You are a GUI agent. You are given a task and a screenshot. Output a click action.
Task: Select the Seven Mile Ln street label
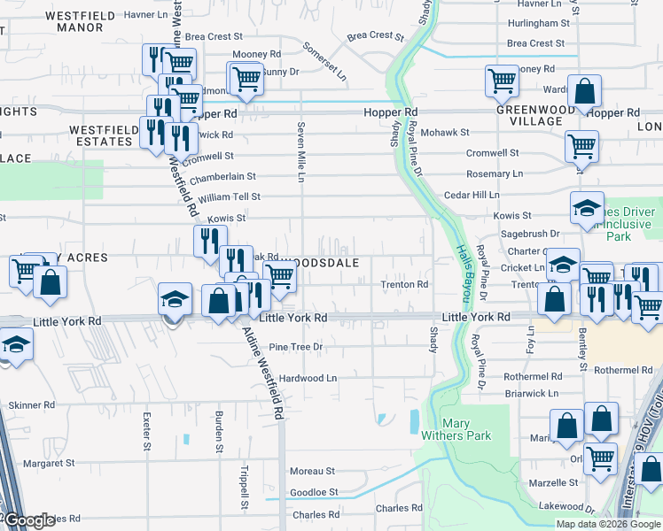pos(301,152)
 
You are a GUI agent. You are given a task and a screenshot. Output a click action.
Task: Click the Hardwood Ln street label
pos(308,378)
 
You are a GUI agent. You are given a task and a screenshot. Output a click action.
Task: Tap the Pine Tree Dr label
pos(295,347)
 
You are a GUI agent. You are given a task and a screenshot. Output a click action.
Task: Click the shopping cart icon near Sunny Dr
pos(246,80)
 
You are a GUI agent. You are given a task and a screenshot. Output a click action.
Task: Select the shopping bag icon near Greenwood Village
pos(585,91)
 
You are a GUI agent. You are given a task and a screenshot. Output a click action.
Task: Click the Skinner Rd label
pos(32,404)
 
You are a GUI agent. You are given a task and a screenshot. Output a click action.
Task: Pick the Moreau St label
pos(312,472)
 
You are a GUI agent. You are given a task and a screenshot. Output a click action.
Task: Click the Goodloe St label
pos(314,492)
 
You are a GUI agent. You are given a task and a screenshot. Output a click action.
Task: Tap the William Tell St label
pos(229,196)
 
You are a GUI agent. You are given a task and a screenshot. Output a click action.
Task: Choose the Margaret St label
pos(49,463)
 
